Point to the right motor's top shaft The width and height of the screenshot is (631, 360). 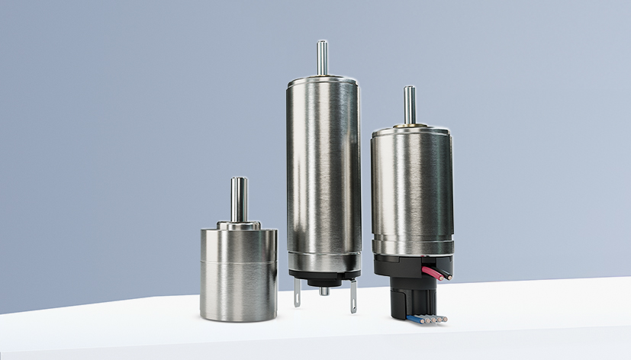pos(410,104)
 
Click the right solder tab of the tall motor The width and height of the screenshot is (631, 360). pos(353,297)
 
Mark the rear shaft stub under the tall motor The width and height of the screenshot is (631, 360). pos(324,291)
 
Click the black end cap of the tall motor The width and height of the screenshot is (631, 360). pos(324,275)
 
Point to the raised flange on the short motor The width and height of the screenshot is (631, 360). pos(239,225)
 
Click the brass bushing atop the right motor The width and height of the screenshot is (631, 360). pos(410,124)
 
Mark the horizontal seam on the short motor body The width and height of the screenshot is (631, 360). pos(239,262)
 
